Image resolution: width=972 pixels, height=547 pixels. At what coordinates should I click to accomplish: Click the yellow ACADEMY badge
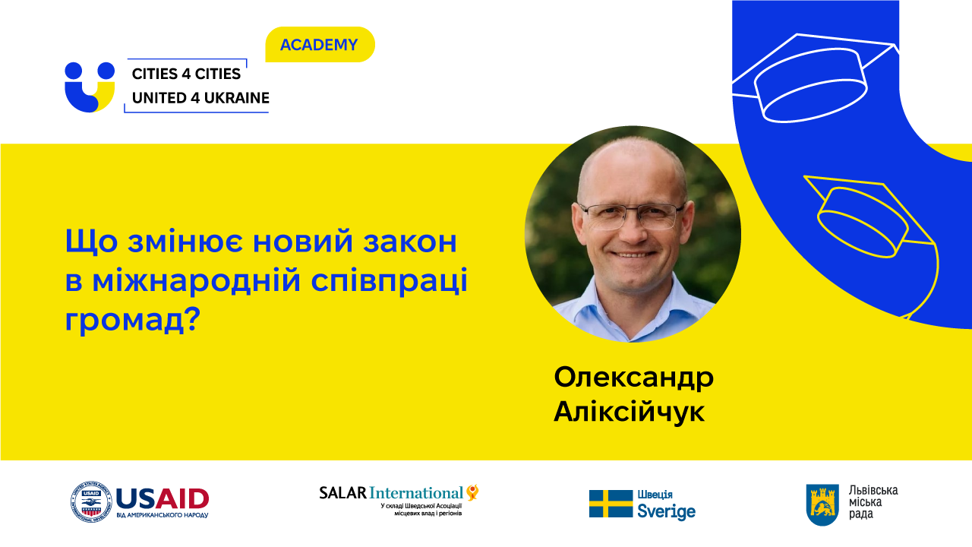point(320,44)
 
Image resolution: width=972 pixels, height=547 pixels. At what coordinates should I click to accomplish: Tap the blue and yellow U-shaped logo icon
point(90,87)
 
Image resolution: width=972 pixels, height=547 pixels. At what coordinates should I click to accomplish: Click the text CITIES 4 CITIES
point(186,74)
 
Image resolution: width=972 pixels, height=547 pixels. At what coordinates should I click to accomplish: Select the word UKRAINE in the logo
point(237,98)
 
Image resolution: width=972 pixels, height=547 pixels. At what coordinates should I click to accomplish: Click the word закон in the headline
point(409,242)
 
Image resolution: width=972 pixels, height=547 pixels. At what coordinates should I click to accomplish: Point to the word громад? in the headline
point(132,321)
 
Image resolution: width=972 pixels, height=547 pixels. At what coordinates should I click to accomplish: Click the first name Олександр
point(633,378)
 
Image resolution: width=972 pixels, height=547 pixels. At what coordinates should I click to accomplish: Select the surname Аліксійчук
point(630,411)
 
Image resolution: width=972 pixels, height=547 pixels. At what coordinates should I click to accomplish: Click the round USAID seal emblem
point(91,502)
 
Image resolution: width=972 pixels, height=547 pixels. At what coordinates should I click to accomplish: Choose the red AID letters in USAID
point(182,499)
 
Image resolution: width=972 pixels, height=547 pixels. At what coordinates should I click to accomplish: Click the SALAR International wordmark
point(399,493)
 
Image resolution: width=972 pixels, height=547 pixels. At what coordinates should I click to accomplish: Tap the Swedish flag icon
point(611,504)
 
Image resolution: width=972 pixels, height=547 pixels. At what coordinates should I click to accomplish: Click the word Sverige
point(666,511)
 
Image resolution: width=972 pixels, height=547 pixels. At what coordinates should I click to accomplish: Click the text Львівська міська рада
point(873,502)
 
